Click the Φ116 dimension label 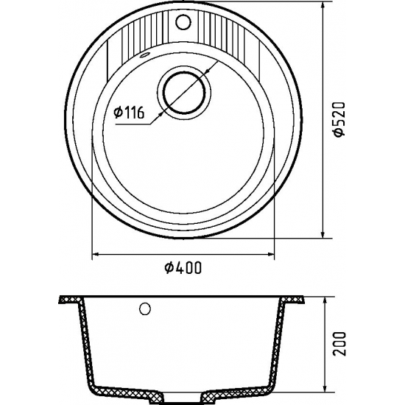[129, 112]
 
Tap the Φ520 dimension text [339, 119]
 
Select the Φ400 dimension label [183, 267]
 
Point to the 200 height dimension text [339, 344]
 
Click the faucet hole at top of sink [183, 21]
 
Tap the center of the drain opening [184, 93]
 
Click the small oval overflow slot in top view [144, 54]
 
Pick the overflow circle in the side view [145, 309]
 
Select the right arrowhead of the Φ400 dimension [271, 255]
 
